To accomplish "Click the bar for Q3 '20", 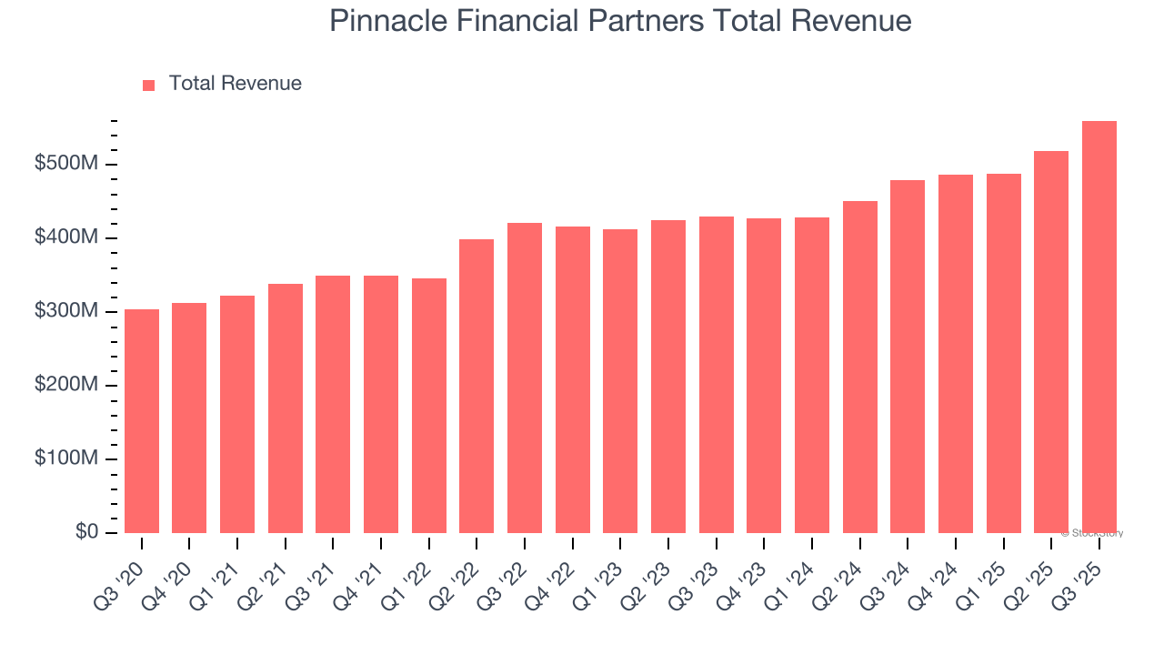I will click(x=142, y=421).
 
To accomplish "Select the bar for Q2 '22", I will click(x=477, y=386).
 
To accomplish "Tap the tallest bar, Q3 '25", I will click(x=1099, y=327).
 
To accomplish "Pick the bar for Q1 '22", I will click(x=428, y=406).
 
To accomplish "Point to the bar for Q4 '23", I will click(x=764, y=376).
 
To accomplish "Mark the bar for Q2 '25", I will click(x=1051, y=342).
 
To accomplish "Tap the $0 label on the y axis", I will click(x=86, y=532).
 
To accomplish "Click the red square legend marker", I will click(x=149, y=86).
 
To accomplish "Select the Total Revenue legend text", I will click(x=236, y=84).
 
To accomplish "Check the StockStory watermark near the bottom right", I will click(x=1092, y=533).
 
